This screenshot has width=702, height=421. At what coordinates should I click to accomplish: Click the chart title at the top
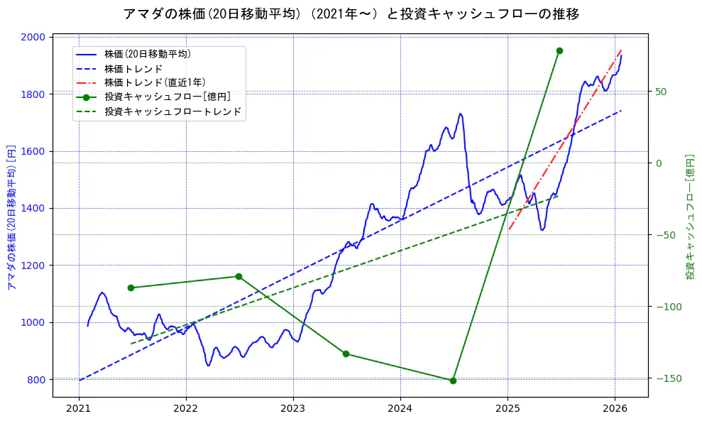351,14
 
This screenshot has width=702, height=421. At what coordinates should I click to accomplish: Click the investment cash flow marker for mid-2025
559,50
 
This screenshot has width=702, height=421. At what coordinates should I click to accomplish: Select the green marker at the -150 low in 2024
453,381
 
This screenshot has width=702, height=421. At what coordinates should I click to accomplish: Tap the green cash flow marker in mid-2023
346,354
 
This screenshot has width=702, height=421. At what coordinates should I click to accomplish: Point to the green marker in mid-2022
238,276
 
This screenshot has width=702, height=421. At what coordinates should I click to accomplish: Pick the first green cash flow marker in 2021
131,288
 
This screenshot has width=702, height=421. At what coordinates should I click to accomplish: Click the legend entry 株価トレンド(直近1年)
155,83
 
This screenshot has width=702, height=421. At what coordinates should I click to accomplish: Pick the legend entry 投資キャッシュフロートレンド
173,111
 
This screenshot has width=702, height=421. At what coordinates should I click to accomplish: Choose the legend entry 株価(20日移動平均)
147,54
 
